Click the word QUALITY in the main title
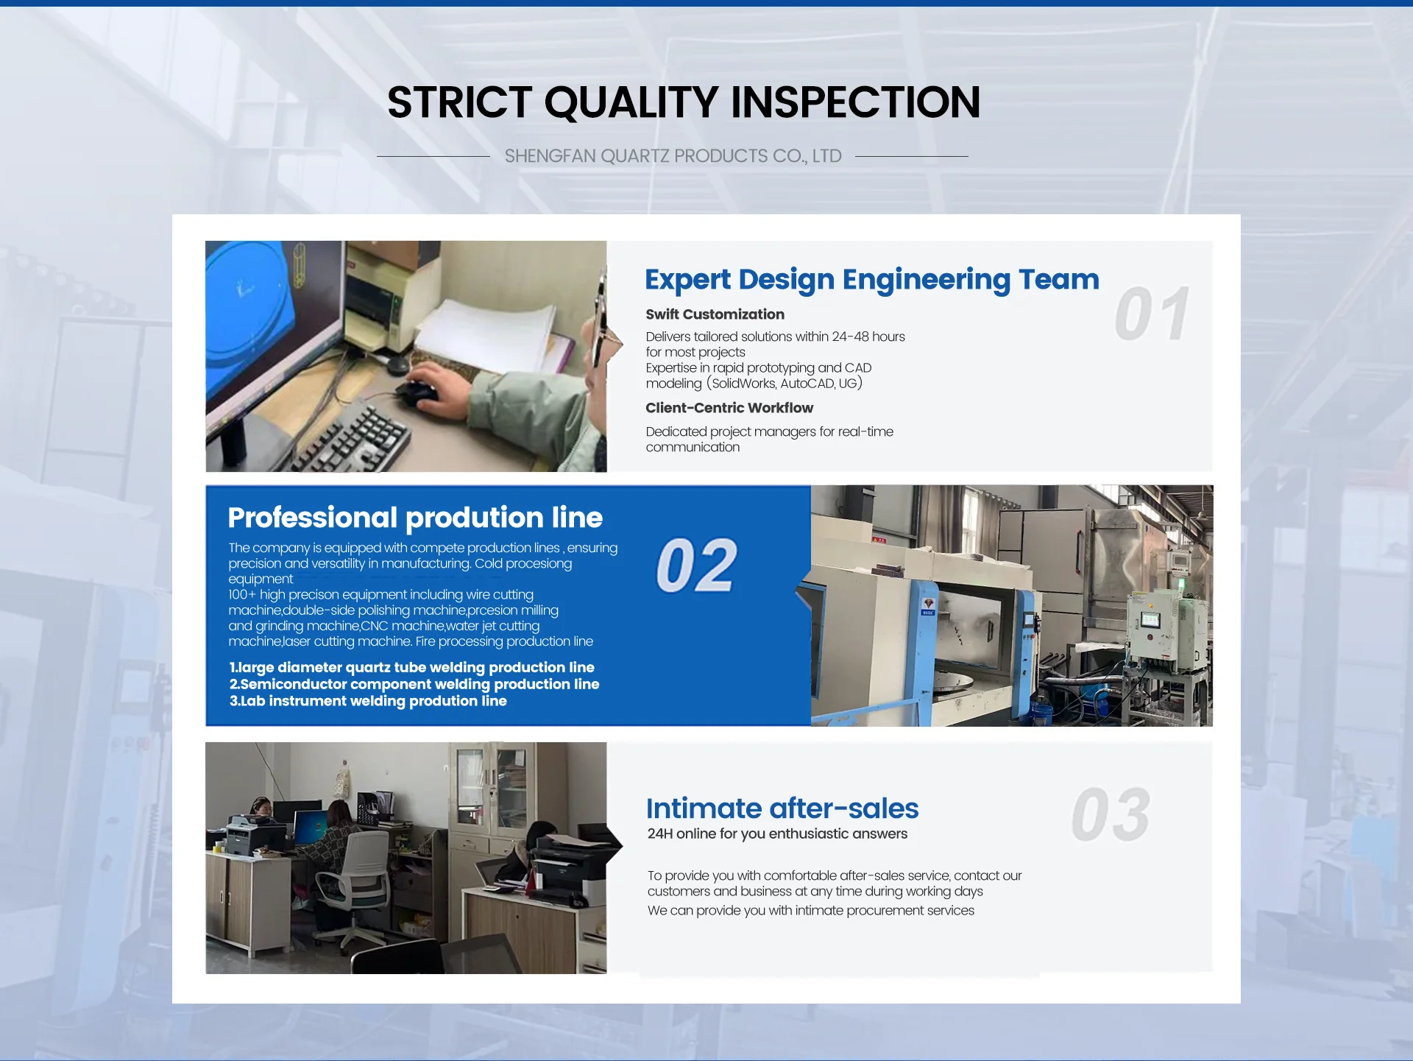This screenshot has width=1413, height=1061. coord(631,102)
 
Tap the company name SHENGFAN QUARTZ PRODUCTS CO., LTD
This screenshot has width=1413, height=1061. coord(673,156)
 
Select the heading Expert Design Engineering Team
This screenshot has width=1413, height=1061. coord(872,280)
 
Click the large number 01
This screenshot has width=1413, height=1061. coord(1152,314)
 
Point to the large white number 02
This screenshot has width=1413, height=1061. coord(696,565)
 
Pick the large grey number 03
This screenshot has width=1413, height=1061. coord(1111,814)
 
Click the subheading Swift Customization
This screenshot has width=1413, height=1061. coord(715,314)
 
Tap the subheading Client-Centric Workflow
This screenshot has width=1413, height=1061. coord(729,408)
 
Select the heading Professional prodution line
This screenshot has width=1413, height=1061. coord(415,518)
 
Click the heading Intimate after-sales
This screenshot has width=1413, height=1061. coord(782,808)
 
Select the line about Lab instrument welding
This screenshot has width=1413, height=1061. coord(368,701)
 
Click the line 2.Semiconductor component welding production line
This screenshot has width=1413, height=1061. coord(414,684)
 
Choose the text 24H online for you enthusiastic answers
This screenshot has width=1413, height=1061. coord(777,833)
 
